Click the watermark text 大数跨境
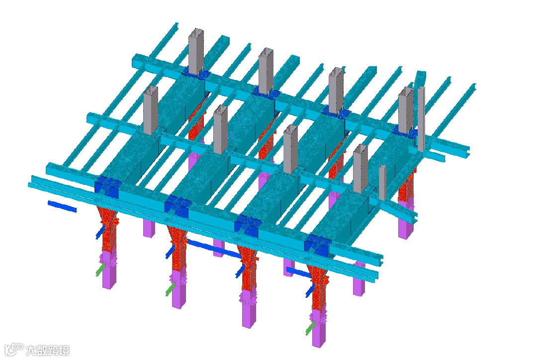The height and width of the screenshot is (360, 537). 47,351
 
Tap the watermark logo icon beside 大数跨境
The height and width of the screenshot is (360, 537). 14,350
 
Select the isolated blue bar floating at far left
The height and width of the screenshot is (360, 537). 62,206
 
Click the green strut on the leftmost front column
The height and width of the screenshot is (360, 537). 99,269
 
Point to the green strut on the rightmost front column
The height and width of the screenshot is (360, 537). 310,328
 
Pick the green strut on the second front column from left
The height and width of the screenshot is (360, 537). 170,289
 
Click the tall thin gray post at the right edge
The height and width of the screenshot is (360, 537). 421,119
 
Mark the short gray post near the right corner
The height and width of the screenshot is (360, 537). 382,182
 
